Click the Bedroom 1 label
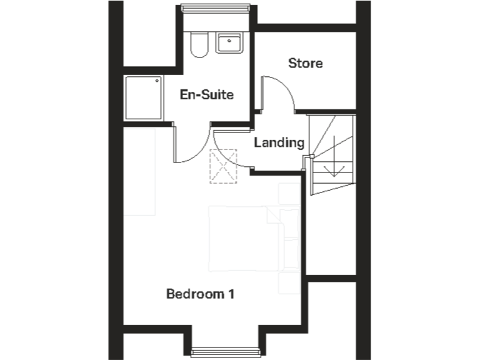(x=200, y=293)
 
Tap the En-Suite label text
(x=206, y=95)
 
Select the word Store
(x=305, y=63)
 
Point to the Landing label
(x=279, y=142)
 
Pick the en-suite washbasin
(x=231, y=43)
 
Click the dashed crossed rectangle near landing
(x=224, y=166)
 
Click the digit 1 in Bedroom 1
(x=231, y=293)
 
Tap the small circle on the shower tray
(x=157, y=81)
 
